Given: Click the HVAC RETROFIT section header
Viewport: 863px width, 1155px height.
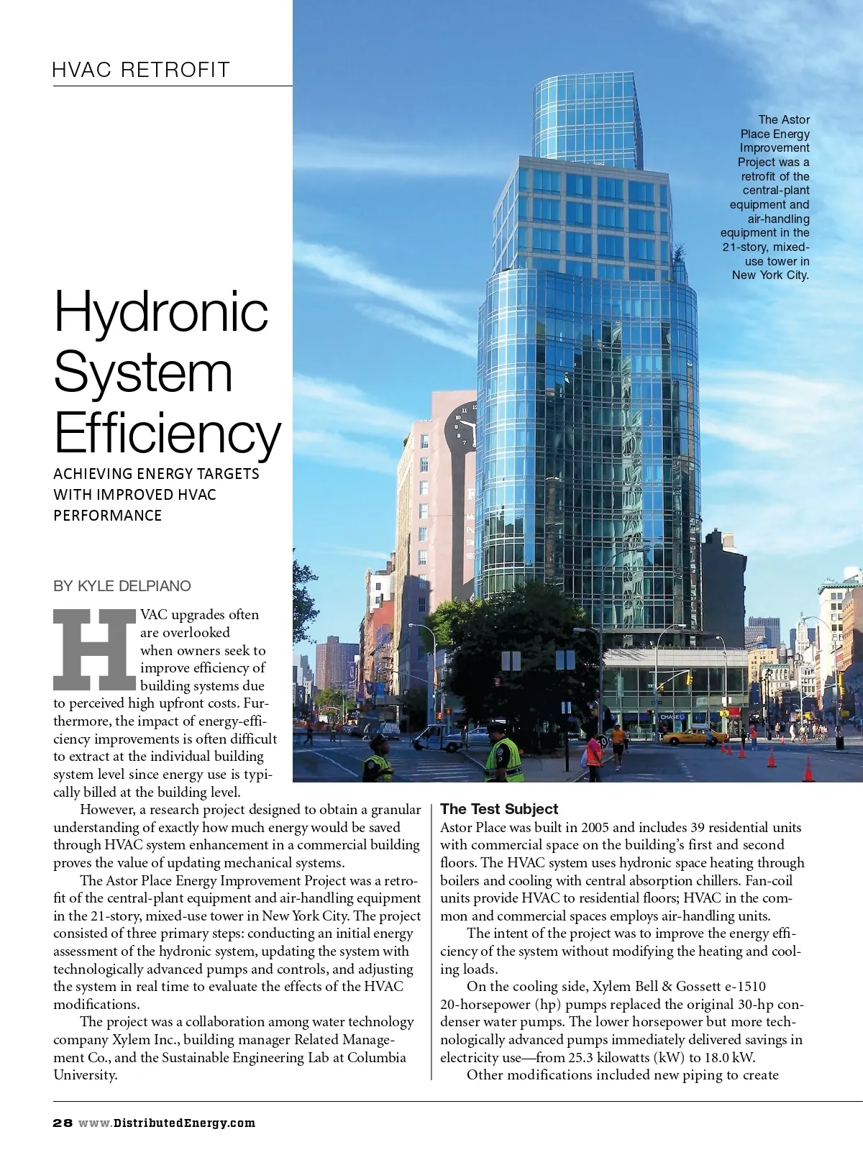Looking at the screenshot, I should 141,70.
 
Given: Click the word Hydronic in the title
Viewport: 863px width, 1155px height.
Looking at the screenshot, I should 161,311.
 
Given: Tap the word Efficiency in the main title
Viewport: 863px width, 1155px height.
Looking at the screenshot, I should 167,433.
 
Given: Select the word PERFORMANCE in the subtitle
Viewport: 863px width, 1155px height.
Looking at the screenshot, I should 108,516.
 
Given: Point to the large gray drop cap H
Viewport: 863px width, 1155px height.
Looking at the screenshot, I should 95,649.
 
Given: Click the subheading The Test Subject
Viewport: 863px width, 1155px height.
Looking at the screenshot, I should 499,809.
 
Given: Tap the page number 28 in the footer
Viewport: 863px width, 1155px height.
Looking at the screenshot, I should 63,1123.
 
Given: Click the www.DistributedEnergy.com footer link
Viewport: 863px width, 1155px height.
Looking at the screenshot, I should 167,1123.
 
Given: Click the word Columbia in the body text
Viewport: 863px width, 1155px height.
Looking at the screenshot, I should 377,1058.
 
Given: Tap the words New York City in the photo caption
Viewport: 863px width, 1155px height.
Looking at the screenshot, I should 770,275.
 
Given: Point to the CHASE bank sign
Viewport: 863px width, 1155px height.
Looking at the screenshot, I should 672,717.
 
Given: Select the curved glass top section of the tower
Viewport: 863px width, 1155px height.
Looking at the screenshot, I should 587,119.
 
